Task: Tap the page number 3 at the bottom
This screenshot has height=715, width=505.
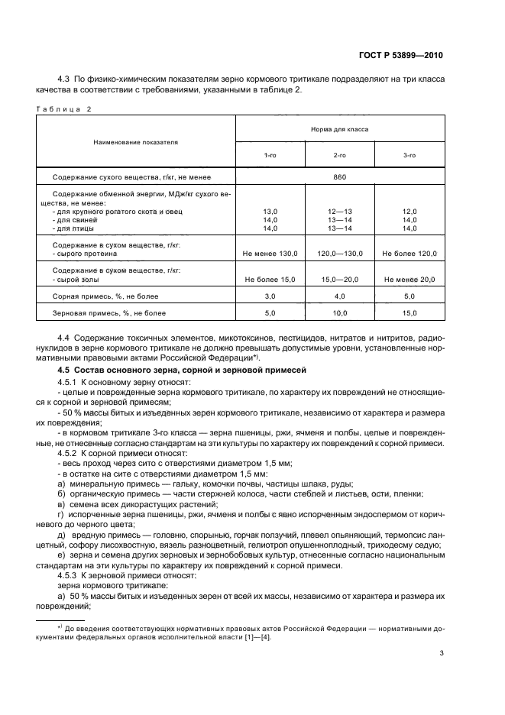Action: pyautogui.click(x=442, y=653)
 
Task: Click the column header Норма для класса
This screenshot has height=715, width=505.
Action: pyautogui.click(x=339, y=129)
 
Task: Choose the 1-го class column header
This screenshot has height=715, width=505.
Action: pyautogui.click(x=270, y=155)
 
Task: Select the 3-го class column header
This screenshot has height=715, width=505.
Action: pyautogui.click(x=409, y=155)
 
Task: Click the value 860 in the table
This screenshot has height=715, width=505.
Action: pyautogui.click(x=339, y=177)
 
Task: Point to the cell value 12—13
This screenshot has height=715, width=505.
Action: pyautogui.click(x=339, y=210)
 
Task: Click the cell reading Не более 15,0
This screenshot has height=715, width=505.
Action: pyautogui.click(x=270, y=280)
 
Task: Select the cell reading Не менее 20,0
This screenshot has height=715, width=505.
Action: pyautogui.click(x=409, y=280)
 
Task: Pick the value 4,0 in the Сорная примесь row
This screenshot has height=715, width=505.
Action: pyautogui.click(x=339, y=296)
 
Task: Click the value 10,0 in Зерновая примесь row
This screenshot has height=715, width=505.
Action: pyautogui.click(x=339, y=312)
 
